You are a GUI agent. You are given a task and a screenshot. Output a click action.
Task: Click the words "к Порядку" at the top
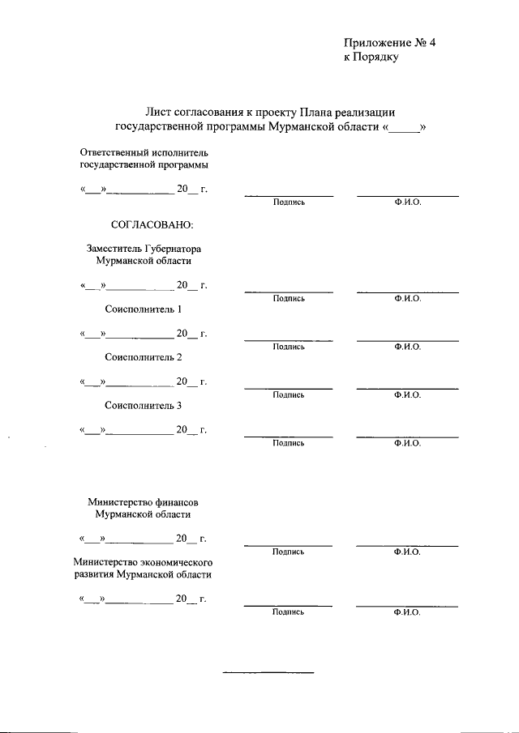tap(371, 59)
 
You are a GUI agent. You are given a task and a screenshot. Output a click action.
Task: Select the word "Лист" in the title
tap(159, 112)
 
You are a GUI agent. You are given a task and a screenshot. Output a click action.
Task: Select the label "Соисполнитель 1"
tap(144, 309)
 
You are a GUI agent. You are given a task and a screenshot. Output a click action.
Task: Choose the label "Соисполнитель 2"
tap(144, 357)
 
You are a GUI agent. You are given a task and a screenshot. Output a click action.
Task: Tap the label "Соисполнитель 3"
tap(144, 406)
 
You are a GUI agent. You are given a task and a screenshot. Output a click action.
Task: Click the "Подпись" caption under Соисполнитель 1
tap(289, 347)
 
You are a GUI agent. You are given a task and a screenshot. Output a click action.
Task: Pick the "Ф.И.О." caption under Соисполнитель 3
tap(407, 443)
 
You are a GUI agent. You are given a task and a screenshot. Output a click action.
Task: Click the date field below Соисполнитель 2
tap(143, 381)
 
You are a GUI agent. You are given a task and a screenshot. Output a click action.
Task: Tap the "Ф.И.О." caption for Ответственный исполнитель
tap(407, 202)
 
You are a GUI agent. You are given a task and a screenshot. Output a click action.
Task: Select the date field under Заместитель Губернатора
tap(143, 286)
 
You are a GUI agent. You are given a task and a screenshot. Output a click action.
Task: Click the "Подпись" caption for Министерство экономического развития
tap(289, 612)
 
